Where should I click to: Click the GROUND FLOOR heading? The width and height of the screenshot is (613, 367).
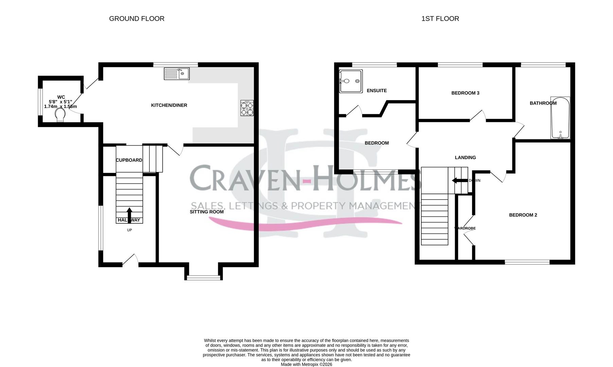137,19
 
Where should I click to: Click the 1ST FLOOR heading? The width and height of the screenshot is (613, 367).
440,19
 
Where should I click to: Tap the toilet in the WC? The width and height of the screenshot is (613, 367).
60,115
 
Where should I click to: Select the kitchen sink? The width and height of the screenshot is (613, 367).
177,73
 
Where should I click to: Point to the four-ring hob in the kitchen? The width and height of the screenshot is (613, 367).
247,108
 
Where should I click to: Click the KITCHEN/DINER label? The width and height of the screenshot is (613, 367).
169,105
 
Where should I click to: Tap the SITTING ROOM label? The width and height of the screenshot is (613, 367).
207,212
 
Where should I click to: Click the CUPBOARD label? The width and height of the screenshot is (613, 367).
129,160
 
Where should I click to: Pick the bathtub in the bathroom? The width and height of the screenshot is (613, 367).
560,118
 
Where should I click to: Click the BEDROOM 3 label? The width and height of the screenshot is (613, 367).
465,93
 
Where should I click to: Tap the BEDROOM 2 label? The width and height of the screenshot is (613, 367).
523,215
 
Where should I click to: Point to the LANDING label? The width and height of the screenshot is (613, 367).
465,157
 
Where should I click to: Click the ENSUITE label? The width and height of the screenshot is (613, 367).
376,91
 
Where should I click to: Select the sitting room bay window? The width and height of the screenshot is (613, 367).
204,278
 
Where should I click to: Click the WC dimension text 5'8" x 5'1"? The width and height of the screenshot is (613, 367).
60,102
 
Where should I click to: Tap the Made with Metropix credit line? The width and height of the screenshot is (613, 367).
306,364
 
